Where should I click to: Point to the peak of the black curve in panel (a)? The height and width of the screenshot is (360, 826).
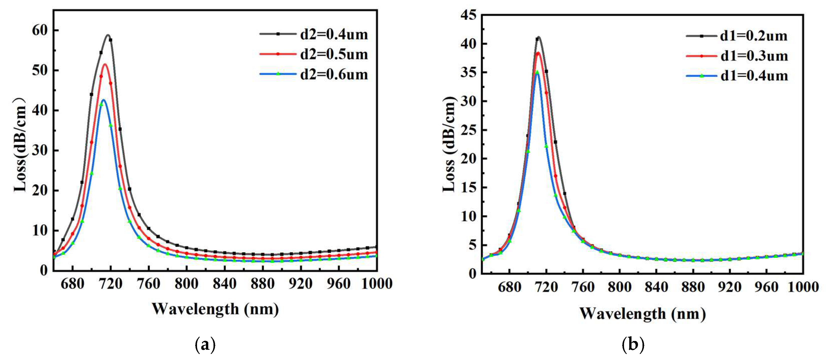tap(108, 35)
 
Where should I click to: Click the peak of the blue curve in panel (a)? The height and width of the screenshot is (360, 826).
tap(103, 100)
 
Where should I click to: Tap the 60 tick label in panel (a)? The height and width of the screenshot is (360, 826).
tap(40, 30)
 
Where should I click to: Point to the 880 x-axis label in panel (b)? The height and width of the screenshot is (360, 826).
tap(693, 287)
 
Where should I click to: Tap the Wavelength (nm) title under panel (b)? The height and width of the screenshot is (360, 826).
tap(642, 313)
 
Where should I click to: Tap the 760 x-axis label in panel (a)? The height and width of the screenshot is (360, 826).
tap(148, 284)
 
